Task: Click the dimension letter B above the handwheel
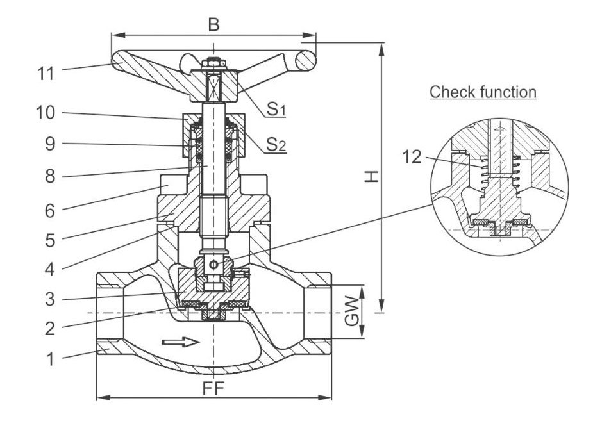[x=214, y=25]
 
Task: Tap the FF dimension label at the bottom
[x=213, y=389]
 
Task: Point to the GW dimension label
[x=352, y=311]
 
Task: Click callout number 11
[x=46, y=73]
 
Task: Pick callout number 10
[x=46, y=113]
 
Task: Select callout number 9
[x=50, y=144]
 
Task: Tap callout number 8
[x=50, y=177]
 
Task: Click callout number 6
[x=50, y=211]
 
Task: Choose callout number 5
[x=50, y=240]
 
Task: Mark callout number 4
[x=50, y=270]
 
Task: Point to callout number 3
[x=50, y=299]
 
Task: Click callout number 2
[x=50, y=329]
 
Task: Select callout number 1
[x=50, y=359]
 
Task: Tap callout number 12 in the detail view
[x=412, y=157]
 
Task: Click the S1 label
[x=276, y=109]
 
